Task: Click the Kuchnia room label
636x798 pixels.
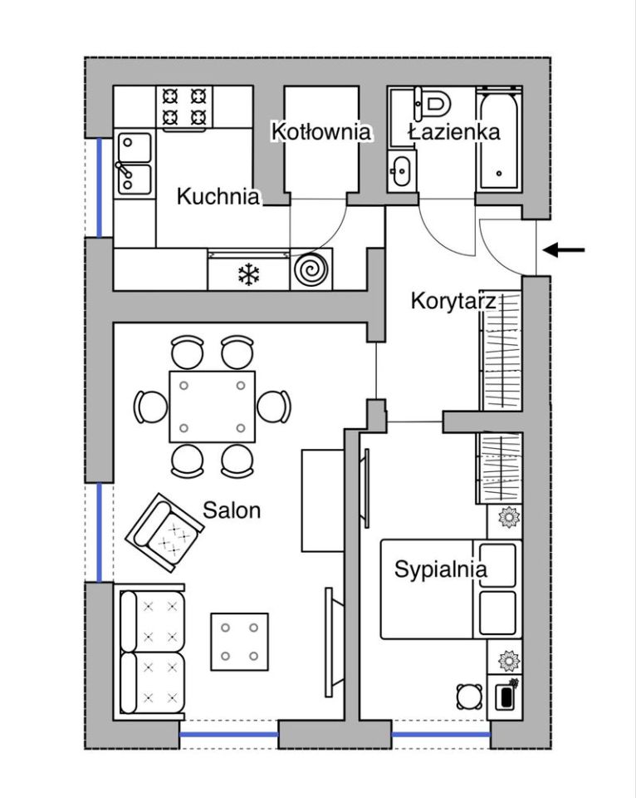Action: [218, 196]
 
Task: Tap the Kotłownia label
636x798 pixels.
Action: [320, 131]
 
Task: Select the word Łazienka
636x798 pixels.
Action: [454, 132]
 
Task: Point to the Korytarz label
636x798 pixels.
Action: [453, 301]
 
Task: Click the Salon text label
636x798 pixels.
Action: [232, 510]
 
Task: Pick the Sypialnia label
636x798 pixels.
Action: [440, 569]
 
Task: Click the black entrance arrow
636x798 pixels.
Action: [564, 250]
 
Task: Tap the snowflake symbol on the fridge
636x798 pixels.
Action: [248, 274]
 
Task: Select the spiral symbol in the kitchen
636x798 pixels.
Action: [311, 269]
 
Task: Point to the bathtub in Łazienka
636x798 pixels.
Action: [499, 140]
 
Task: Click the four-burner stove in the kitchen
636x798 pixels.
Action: [184, 107]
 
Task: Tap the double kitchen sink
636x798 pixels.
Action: [133, 164]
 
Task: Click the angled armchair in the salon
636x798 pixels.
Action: [164, 532]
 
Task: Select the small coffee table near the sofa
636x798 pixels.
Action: [239, 642]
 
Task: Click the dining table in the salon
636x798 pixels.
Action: [212, 406]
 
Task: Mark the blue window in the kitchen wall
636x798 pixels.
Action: [99, 188]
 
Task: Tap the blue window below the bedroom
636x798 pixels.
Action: [441, 734]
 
